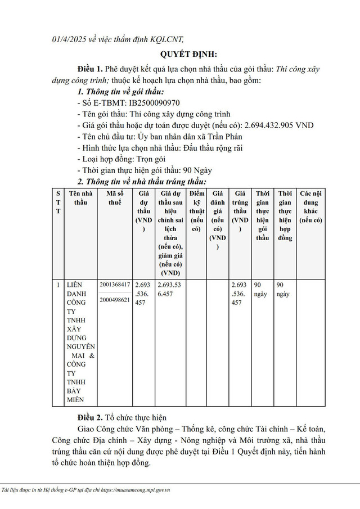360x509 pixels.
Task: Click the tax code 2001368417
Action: tap(115, 285)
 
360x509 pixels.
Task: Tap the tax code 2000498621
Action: tap(115, 300)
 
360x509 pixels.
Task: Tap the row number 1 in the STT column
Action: tap(58, 285)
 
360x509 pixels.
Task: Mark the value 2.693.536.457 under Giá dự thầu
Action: tap(144, 294)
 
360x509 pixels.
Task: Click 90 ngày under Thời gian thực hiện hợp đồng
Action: tap(285, 289)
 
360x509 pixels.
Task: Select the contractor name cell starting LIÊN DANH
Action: tap(80, 342)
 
